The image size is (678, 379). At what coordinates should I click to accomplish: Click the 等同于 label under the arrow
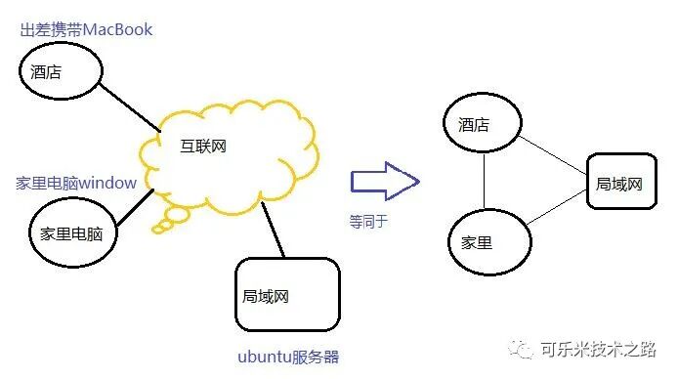pyautogui.click(x=368, y=221)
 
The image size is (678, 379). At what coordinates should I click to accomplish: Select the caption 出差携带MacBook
pyautogui.click(x=86, y=29)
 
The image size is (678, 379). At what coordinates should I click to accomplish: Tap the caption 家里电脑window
pyautogui.click(x=76, y=183)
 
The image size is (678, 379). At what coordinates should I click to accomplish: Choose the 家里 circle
pyautogui.click(x=487, y=241)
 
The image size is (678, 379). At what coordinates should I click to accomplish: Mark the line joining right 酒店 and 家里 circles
pyautogui.click(x=485, y=183)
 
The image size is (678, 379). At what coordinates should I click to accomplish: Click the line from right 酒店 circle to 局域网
pyautogui.click(x=552, y=153)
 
